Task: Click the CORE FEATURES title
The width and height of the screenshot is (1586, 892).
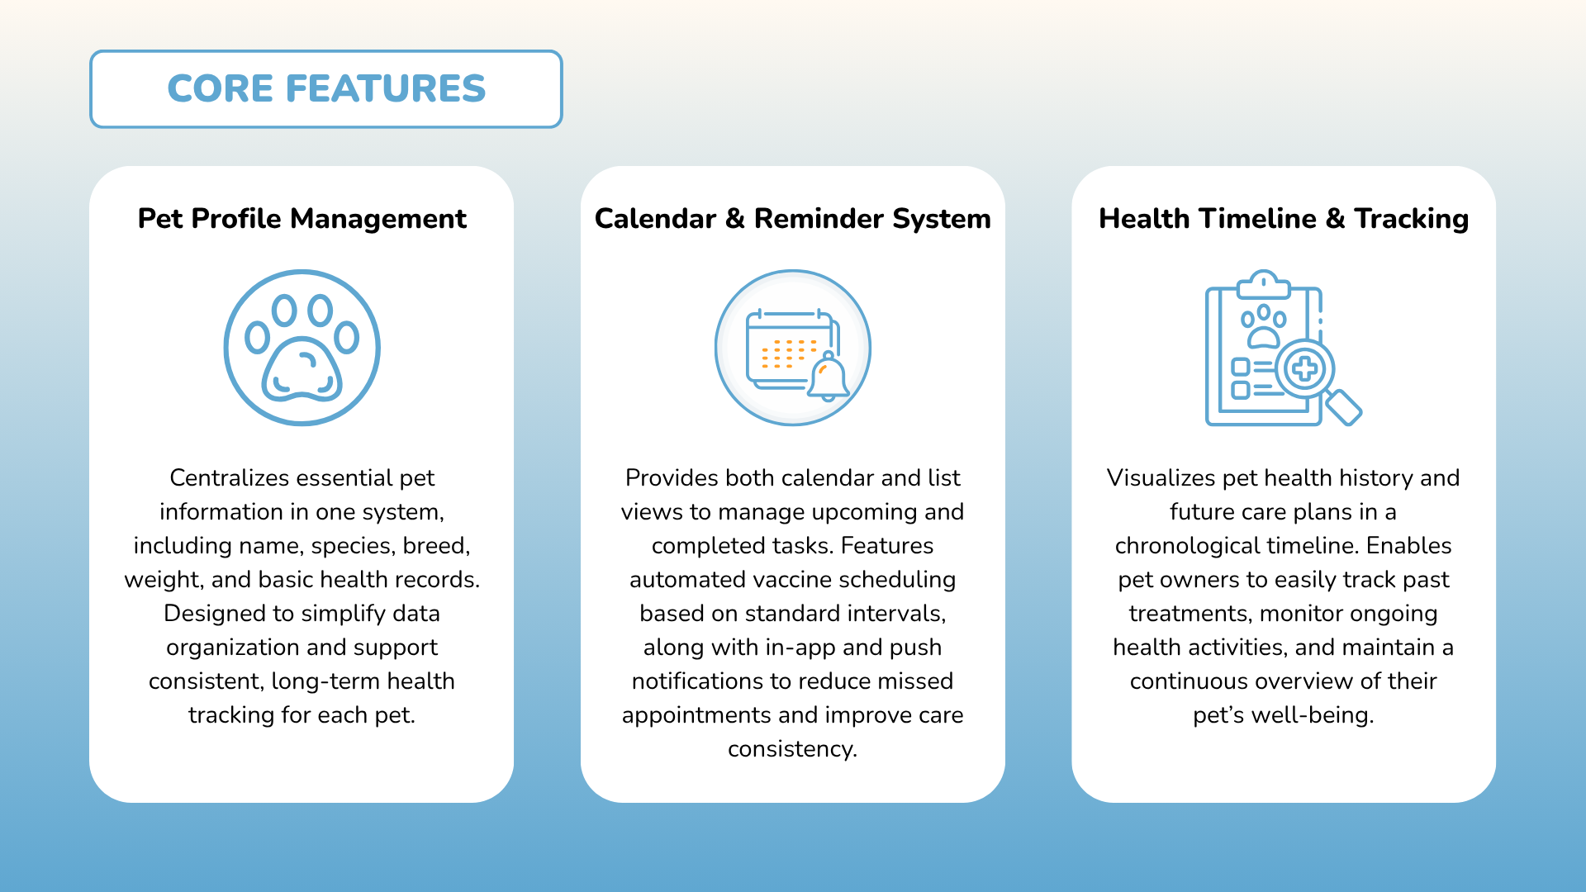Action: point(326,88)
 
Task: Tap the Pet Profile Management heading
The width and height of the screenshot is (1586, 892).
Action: point(302,219)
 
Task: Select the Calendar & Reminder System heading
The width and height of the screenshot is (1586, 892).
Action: point(793,219)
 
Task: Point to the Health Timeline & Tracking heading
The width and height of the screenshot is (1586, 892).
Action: point(1284,219)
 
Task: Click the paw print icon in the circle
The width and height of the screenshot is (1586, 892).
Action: point(302,348)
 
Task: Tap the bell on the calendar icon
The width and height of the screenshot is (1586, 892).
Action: point(828,377)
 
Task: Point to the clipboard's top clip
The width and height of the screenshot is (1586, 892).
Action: point(1263,283)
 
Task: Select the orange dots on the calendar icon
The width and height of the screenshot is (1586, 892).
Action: point(789,353)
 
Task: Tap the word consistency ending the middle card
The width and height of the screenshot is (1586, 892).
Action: point(793,749)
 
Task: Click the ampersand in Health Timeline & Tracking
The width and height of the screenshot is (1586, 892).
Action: point(1335,219)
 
